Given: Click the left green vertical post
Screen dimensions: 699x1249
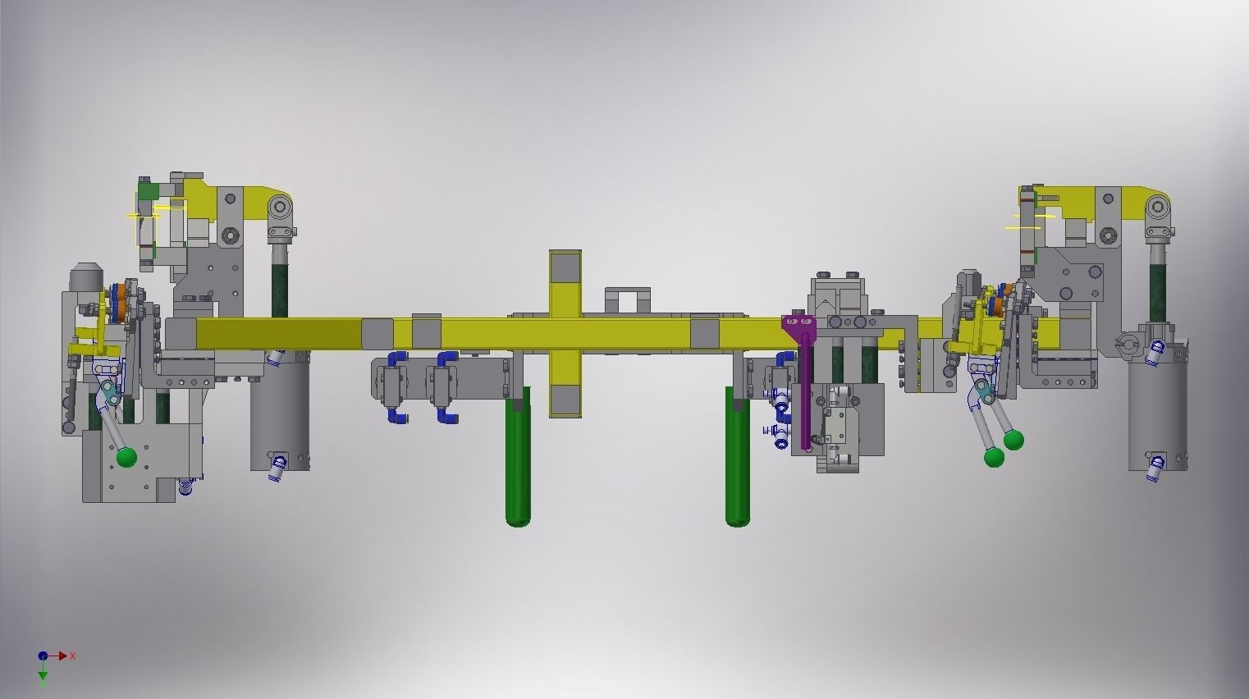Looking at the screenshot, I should click(x=517, y=459).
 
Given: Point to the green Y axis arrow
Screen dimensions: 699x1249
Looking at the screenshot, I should click(x=43, y=674).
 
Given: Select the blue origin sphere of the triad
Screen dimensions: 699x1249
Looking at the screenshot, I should click(x=43, y=656).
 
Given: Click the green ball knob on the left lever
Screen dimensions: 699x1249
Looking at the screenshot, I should click(x=126, y=457).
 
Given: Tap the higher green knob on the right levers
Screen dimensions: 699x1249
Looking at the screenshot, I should click(x=1013, y=441).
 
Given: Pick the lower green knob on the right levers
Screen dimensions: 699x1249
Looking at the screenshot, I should click(x=994, y=457).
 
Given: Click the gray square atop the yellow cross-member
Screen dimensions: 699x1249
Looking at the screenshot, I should click(x=565, y=267).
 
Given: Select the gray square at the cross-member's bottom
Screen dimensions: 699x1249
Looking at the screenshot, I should click(x=565, y=400).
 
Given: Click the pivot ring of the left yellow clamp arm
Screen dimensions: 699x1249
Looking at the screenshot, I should click(x=281, y=206).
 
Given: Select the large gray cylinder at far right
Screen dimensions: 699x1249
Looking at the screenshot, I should click(x=1157, y=414).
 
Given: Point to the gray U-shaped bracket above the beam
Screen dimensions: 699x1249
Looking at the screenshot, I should click(x=627, y=299).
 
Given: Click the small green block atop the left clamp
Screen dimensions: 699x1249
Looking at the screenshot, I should click(x=147, y=190).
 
